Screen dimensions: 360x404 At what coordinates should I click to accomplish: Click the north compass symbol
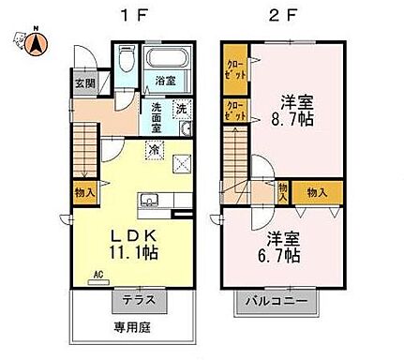pyautogui.click(x=33, y=40)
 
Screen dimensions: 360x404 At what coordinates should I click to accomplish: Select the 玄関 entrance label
pyautogui.click(x=83, y=82)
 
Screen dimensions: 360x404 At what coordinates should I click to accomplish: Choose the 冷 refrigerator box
pyautogui.click(x=153, y=148)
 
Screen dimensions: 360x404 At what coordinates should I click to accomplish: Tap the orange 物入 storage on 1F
pyautogui.click(x=83, y=190)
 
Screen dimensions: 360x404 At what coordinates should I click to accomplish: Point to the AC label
pyautogui.click(x=97, y=275)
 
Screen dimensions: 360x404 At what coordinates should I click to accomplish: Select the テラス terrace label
pyautogui.click(x=140, y=301)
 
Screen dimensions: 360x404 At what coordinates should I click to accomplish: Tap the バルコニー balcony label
pyautogui.click(x=276, y=301)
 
